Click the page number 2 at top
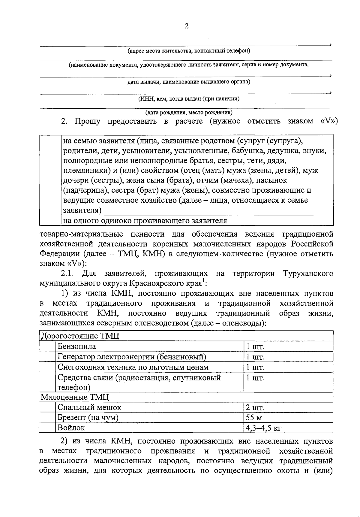point(186,26)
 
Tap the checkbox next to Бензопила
point(48,346)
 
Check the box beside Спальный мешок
point(48,407)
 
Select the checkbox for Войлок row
point(48,428)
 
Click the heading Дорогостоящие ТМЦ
point(80,336)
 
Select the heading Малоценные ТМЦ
point(75,397)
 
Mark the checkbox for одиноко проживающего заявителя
point(50,221)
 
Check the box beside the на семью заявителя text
point(50,175)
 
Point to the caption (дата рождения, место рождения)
point(189,113)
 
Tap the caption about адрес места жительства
point(189,51)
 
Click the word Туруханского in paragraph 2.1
point(308,274)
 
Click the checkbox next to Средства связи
point(48,382)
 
